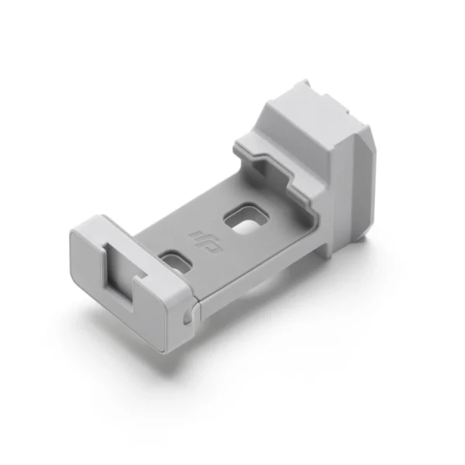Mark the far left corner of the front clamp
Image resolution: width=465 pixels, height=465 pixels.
[x=71, y=232]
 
